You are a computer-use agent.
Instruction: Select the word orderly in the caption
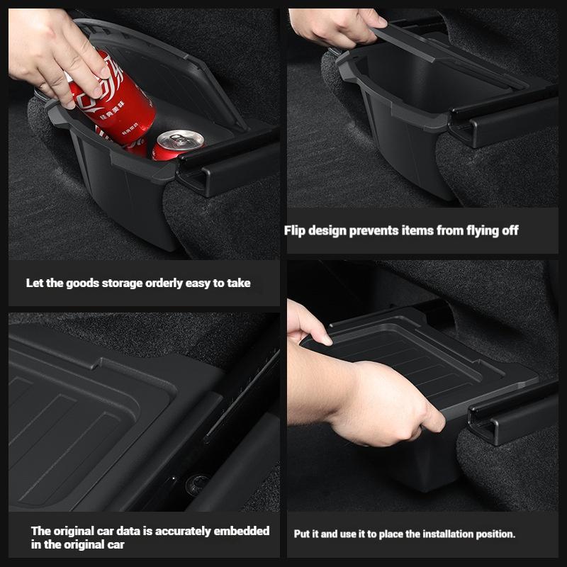[167, 283]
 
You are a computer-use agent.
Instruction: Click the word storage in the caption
[118, 283]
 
